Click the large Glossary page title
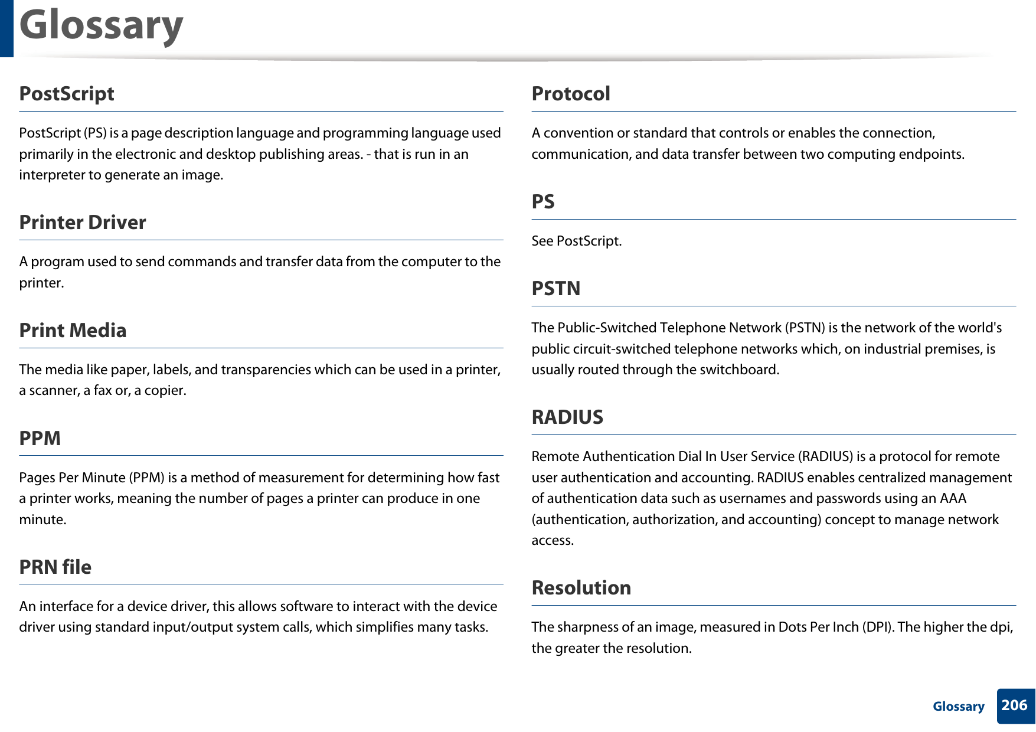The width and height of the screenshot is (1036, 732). tap(101, 26)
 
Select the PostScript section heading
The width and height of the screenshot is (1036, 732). tap(67, 94)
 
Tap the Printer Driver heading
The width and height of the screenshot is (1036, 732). tap(83, 223)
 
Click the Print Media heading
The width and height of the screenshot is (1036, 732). tap(73, 331)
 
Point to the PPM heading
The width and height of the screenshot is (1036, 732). tap(40, 439)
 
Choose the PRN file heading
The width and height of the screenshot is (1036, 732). tap(55, 567)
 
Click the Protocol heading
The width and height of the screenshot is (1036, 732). tap(571, 94)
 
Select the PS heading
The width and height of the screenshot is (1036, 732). tap(543, 202)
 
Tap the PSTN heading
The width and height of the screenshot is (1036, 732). tap(556, 289)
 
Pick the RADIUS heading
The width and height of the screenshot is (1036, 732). tap(567, 417)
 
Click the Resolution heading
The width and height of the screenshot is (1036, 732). tap(581, 588)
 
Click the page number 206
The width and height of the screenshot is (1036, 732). tap(1015, 705)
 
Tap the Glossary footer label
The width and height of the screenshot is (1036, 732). tap(959, 707)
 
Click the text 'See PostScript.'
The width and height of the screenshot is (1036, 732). tap(577, 241)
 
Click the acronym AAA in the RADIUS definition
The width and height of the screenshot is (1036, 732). tap(953, 498)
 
